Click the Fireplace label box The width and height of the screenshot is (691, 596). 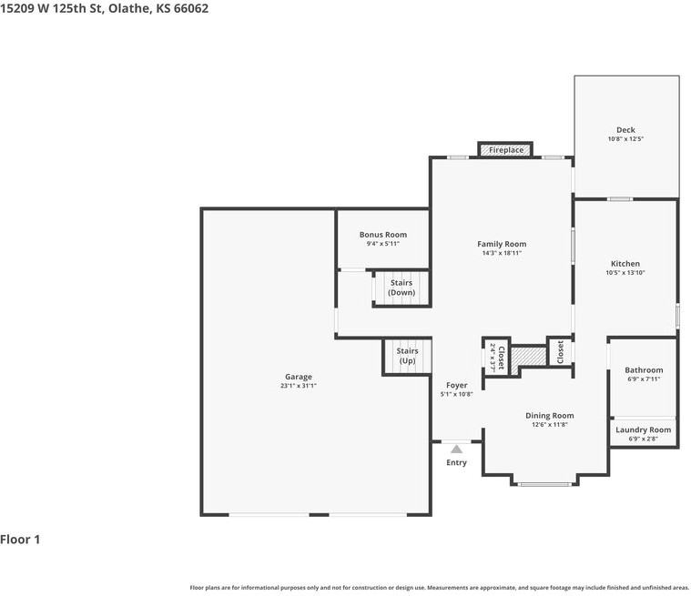point(505,149)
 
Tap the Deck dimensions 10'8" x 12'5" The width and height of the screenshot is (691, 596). point(625,139)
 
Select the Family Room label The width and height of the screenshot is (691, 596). point(502,244)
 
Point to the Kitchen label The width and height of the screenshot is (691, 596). point(625,264)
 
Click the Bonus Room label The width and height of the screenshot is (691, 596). point(382,235)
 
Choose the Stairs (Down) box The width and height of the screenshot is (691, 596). point(401,288)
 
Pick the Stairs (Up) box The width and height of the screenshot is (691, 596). point(407,356)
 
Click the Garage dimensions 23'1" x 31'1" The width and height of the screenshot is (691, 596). point(298,386)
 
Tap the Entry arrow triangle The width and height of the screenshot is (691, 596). point(456,448)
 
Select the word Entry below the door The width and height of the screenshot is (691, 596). point(456,463)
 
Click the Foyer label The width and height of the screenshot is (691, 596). point(456,385)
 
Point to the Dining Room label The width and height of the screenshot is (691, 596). point(550,416)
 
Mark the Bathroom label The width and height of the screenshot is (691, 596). point(644,370)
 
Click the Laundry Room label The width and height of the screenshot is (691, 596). point(643,429)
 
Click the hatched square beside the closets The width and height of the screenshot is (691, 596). point(525,358)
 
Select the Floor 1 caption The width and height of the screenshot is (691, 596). point(20,540)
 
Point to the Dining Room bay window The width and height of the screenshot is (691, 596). point(546,483)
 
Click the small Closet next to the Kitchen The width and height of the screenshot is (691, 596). point(560,352)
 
